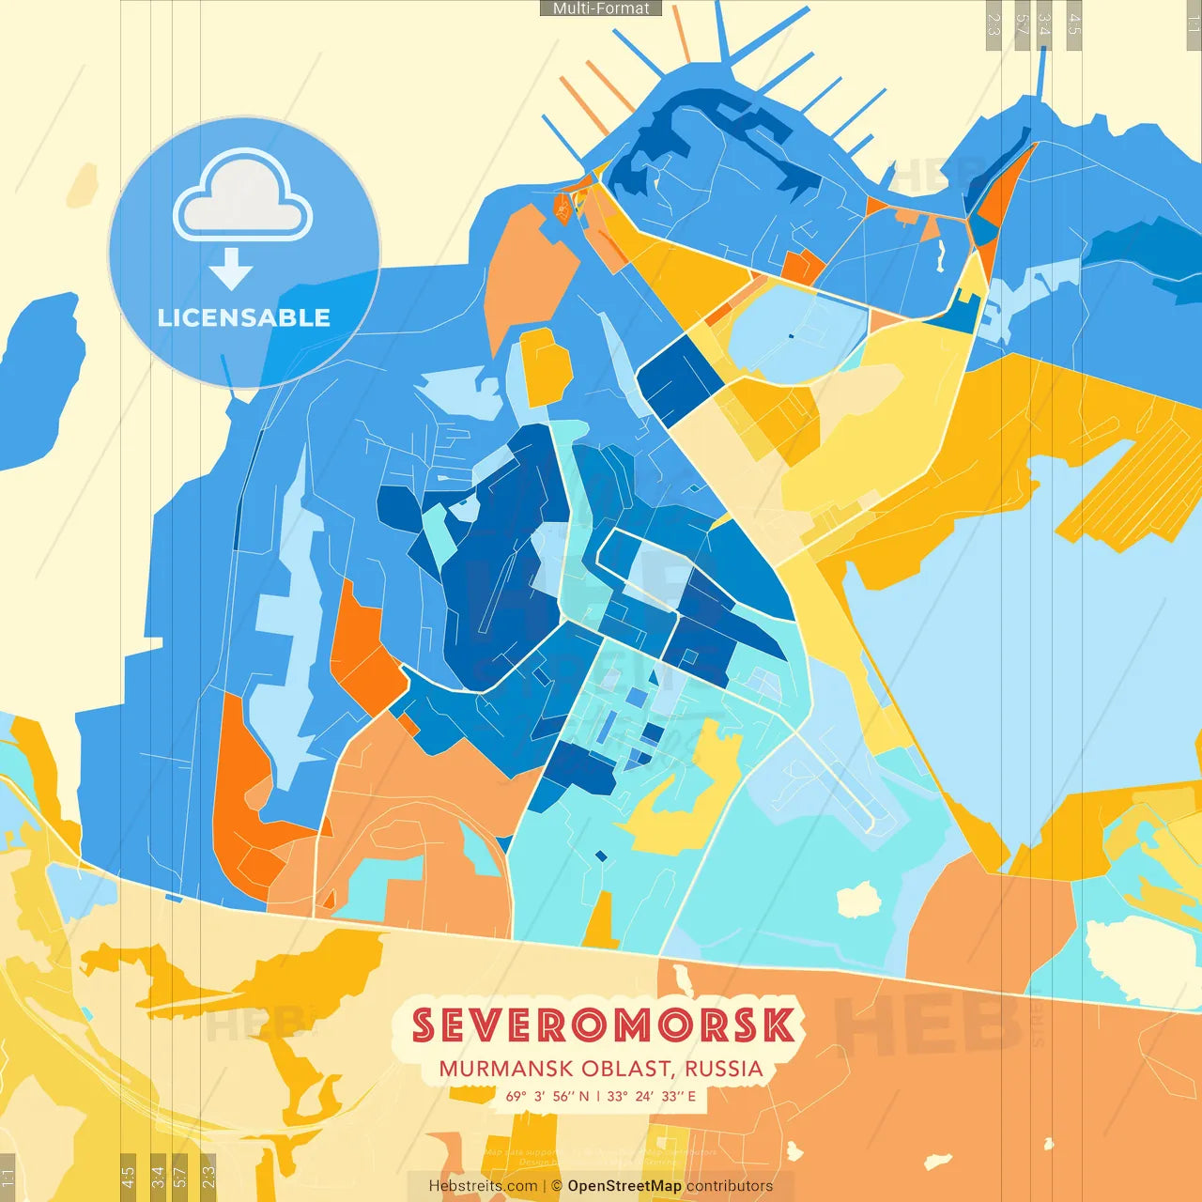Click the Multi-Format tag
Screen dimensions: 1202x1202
point(601,8)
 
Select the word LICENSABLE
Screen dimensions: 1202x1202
point(243,317)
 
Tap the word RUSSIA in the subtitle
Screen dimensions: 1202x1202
point(724,1070)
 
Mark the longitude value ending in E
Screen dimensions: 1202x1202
point(653,1096)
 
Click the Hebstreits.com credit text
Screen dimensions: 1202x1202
point(483,1186)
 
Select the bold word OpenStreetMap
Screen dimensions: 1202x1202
point(624,1186)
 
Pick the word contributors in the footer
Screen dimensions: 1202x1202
point(730,1186)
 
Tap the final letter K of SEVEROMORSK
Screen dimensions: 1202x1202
point(778,1025)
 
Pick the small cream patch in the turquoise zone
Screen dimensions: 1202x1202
point(858,900)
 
